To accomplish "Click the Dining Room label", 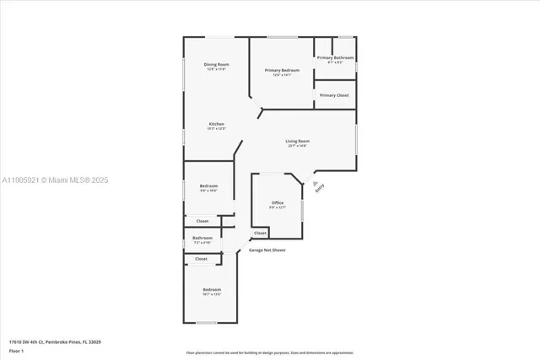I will [216, 65].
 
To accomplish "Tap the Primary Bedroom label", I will [281, 71].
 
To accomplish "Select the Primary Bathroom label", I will [335, 57].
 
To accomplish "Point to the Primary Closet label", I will [334, 95].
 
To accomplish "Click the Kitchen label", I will [217, 124].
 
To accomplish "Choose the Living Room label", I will [296, 141].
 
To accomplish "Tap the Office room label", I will [278, 202].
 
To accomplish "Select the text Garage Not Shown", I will [266, 250].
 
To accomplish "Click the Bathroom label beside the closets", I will [202, 238].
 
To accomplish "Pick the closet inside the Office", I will [259, 233].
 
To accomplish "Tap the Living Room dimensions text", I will [296, 146].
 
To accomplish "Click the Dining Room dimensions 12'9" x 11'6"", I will [216, 69].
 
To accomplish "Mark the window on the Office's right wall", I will [304, 204].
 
